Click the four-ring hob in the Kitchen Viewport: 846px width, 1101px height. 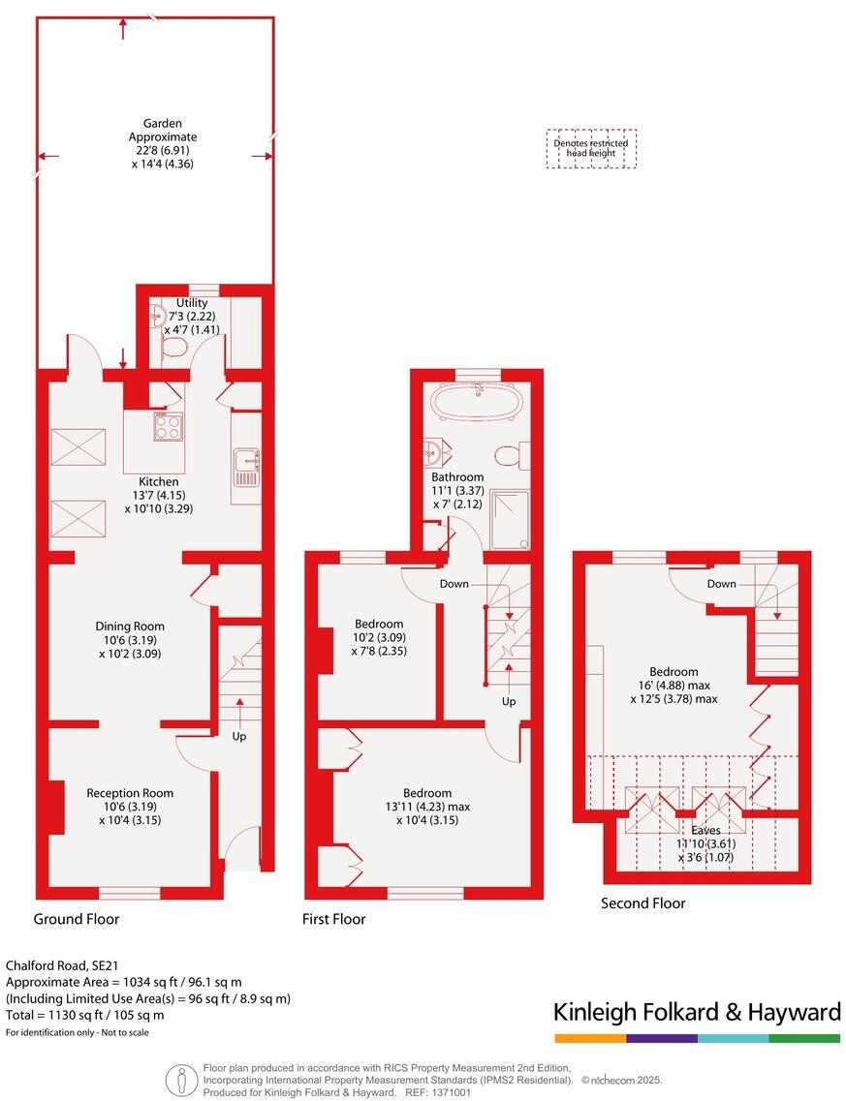point(169,427)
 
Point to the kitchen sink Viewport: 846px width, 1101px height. point(246,467)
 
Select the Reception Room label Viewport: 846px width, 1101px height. point(129,807)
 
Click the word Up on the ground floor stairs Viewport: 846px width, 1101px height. point(239,736)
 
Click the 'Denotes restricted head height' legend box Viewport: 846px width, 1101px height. point(590,149)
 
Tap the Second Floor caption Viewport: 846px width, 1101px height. point(642,903)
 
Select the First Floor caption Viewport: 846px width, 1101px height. point(334,919)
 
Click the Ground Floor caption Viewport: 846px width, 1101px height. point(77,919)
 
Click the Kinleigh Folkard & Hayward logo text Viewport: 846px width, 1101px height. point(697,1013)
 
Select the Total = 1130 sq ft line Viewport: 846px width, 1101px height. point(85,1015)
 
